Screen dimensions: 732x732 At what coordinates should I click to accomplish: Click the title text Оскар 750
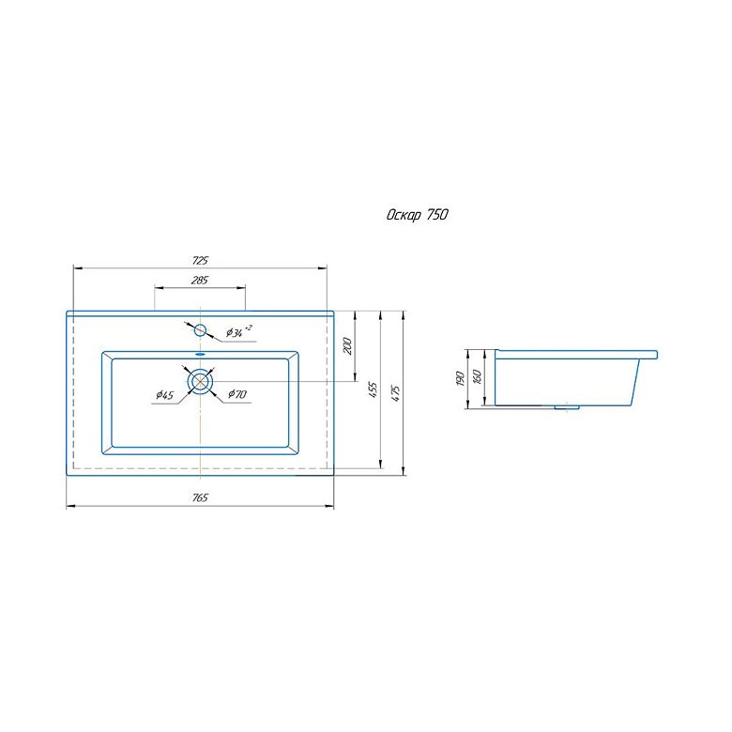(x=417, y=214)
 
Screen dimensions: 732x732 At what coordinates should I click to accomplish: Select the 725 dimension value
(x=200, y=261)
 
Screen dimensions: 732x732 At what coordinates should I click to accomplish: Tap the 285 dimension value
(x=200, y=280)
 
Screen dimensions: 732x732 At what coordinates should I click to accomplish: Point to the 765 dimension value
(x=200, y=497)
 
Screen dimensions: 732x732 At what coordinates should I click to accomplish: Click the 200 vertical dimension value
(x=348, y=345)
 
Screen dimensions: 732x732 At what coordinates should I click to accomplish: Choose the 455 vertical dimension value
(x=373, y=389)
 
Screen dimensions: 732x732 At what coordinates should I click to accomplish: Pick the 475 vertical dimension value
(x=395, y=393)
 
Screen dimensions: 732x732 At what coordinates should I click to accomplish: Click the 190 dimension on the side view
(x=459, y=378)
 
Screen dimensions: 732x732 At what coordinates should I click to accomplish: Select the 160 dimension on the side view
(x=477, y=376)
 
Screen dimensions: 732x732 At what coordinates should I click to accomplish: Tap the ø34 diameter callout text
(x=239, y=331)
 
